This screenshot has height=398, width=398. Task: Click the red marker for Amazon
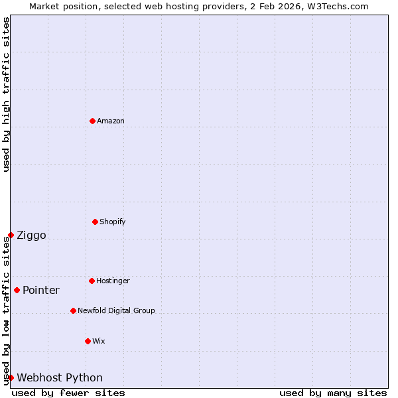(x=92, y=121)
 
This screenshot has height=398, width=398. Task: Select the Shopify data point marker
(x=95, y=222)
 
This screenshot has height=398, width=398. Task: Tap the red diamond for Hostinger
(x=92, y=281)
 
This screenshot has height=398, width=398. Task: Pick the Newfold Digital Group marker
(x=73, y=310)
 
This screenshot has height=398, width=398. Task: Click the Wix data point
(x=88, y=341)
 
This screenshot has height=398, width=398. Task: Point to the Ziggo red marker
(x=11, y=235)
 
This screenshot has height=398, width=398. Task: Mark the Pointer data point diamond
(x=17, y=290)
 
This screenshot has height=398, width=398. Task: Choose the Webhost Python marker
(x=11, y=377)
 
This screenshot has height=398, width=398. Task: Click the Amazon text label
(x=111, y=121)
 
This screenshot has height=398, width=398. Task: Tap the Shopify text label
(x=113, y=222)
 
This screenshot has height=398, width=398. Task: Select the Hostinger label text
(x=113, y=281)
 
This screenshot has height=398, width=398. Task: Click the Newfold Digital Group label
(x=116, y=310)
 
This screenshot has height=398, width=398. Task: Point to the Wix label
(x=99, y=341)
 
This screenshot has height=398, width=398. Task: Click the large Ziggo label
(x=31, y=235)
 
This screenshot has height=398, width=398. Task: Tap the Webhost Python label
(x=60, y=378)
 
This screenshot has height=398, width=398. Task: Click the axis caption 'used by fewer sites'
(x=68, y=393)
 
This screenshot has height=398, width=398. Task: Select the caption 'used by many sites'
(x=333, y=393)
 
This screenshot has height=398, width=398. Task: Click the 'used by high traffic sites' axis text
(x=6, y=94)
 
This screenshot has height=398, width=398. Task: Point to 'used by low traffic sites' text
(x=6, y=310)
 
